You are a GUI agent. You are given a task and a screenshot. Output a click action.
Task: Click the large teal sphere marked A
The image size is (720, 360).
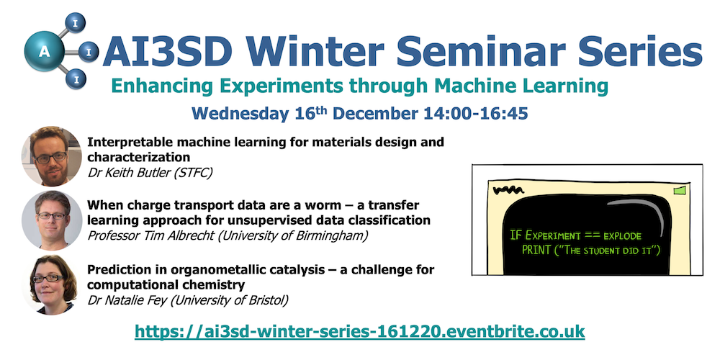point(44,51)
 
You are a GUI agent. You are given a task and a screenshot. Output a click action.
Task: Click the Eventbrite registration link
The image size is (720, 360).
point(359,331)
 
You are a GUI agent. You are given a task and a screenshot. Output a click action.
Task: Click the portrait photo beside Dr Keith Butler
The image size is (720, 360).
point(51,156)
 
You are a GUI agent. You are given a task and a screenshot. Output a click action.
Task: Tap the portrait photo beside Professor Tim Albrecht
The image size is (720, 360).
point(51,220)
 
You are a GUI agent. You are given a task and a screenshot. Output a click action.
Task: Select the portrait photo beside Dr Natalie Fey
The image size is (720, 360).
point(51,284)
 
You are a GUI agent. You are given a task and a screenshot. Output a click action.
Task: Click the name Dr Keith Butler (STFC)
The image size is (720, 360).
point(150,173)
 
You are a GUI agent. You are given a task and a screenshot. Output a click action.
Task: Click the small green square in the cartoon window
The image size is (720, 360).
point(679,189)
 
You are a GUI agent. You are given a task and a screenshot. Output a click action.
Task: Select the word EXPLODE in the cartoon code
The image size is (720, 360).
point(622,236)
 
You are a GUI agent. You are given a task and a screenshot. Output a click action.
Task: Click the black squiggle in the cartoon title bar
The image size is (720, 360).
point(508,189)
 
